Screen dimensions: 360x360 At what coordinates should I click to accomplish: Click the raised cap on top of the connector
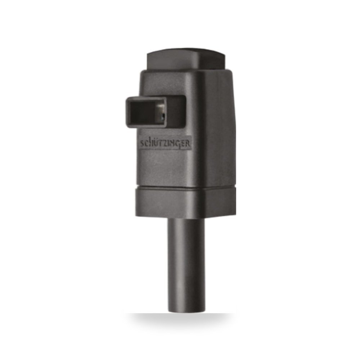186,59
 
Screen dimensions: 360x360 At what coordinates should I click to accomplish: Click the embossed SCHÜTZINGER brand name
165,144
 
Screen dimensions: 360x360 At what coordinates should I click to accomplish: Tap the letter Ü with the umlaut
156,143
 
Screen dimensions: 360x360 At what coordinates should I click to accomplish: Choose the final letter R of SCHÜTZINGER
188,144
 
